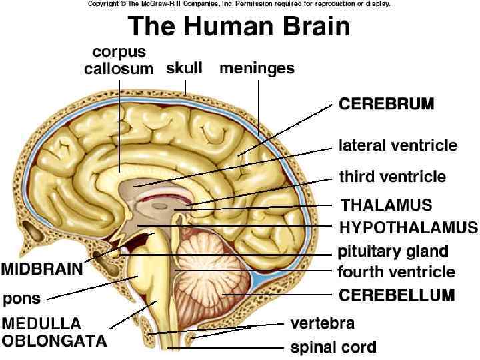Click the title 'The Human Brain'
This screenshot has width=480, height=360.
tap(239, 27)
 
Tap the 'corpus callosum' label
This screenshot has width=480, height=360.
tap(119, 60)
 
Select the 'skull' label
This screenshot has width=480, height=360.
tap(184, 68)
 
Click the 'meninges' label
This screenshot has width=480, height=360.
tap(257, 68)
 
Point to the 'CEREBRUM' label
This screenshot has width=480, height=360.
tap(387, 105)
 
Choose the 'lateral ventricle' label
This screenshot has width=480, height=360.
tap(398, 145)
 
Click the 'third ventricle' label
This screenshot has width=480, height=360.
tap(392, 177)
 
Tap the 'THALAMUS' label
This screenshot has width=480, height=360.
tap(387, 205)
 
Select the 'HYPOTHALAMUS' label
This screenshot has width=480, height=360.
tap(408, 227)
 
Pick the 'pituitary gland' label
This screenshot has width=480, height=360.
tap(393, 251)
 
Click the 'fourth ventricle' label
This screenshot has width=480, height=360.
tap(396, 272)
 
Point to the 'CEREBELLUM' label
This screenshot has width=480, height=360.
tap(396, 294)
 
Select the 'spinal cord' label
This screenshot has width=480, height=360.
tap(333, 347)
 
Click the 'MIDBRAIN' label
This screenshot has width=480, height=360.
tap(41, 269)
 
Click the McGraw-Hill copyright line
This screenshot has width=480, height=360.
tap(239, 4)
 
